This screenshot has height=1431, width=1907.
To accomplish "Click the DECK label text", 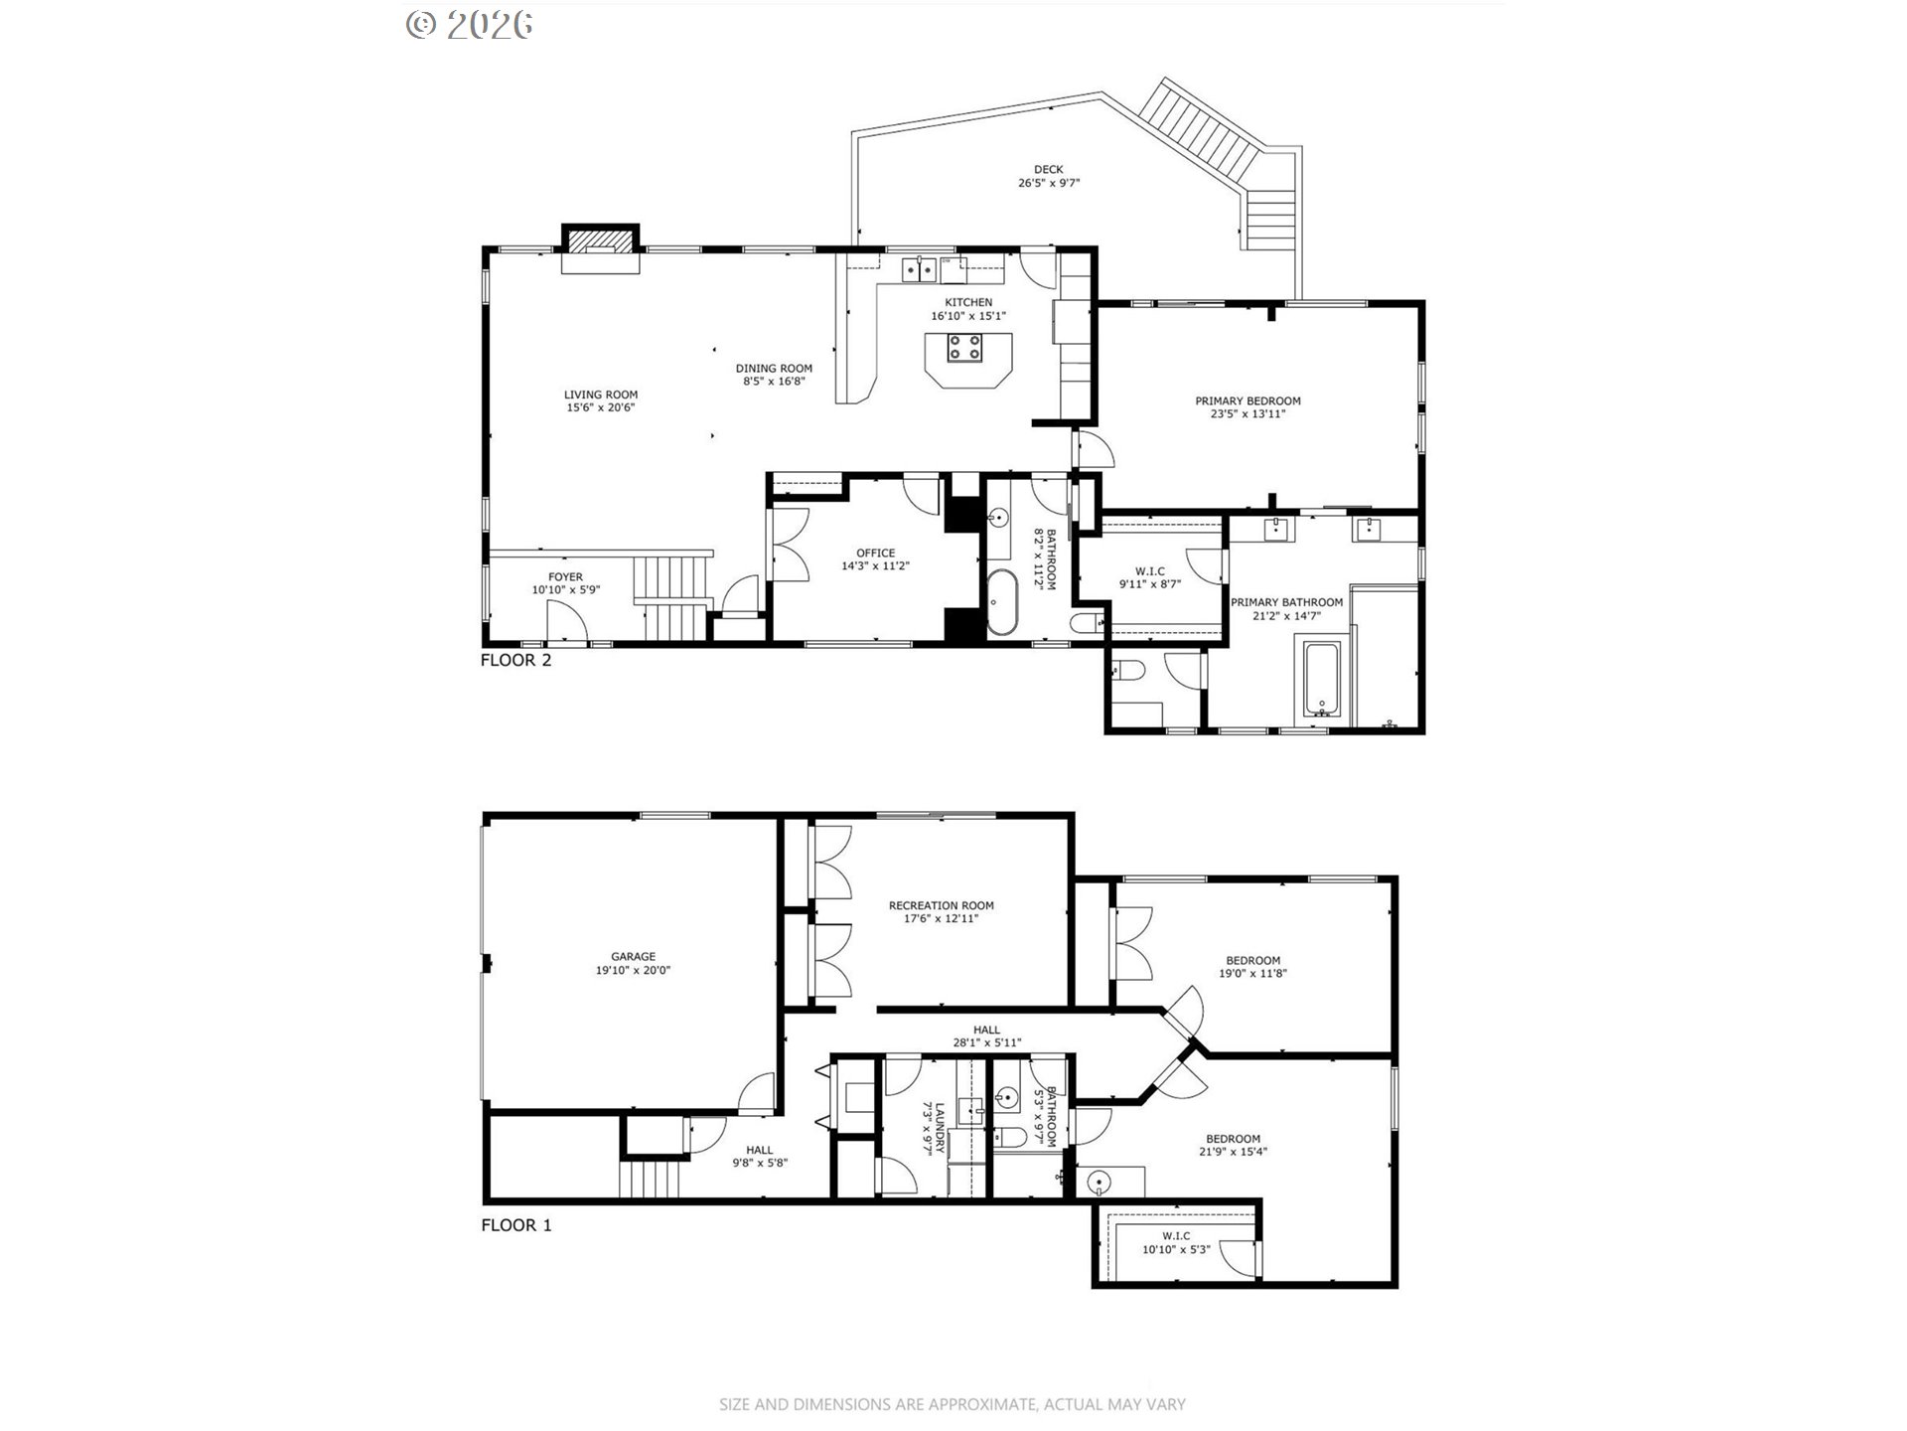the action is click(1048, 170).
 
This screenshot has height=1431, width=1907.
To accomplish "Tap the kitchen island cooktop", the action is click(964, 348).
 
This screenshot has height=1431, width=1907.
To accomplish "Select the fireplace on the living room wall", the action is click(600, 248).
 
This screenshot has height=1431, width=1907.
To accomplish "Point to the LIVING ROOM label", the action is click(601, 395).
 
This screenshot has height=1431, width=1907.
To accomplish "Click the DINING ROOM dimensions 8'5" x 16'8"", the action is click(774, 382).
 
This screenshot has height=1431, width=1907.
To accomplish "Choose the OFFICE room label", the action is click(876, 554).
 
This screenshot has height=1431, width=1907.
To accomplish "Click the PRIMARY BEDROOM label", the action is click(1247, 401).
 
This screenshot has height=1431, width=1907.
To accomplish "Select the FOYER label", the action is click(566, 577).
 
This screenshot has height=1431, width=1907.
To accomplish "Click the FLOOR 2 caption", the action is click(515, 660).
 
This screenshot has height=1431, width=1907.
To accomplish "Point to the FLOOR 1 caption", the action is click(515, 1225).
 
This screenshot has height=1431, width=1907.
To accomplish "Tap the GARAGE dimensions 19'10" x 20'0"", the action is click(634, 971).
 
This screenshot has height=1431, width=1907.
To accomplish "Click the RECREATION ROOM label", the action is click(942, 906).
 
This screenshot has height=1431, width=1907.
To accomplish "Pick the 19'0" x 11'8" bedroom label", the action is click(1253, 974).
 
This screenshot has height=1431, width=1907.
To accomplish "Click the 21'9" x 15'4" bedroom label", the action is click(1234, 1153).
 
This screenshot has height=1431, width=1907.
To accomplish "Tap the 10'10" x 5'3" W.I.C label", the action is click(1176, 1250).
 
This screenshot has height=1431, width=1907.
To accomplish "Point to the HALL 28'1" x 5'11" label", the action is click(987, 1036).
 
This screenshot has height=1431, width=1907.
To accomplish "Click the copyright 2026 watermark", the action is click(470, 24).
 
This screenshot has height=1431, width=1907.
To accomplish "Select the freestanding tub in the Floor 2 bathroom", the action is click(1001, 603).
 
